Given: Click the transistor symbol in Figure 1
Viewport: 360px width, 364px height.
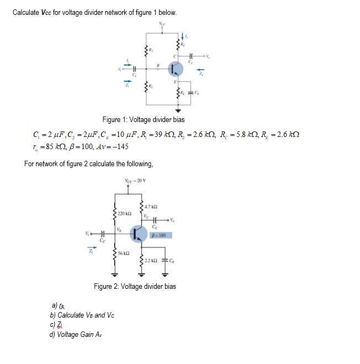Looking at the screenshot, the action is (x=176, y=69).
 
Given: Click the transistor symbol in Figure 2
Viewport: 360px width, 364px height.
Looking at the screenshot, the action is (x=138, y=234).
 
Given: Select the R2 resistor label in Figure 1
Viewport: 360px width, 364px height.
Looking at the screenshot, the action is (x=150, y=87).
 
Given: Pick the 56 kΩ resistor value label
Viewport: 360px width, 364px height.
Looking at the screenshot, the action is (x=124, y=253).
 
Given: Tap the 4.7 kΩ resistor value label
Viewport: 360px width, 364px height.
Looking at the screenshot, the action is (x=151, y=207).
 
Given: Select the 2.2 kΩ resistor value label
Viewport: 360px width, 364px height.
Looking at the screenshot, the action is (x=151, y=260).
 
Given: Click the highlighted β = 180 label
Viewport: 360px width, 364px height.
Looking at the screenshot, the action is (x=159, y=235).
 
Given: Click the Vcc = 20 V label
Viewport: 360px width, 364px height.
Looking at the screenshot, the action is (x=135, y=181).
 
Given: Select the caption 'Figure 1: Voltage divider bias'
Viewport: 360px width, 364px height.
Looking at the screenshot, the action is (x=144, y=119).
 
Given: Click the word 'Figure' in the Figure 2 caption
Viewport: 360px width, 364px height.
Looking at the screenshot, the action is (x=103, y=286).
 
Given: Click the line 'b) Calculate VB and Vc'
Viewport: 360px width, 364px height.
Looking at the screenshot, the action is (x=82, y=315).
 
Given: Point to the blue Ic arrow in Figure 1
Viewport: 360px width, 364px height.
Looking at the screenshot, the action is (x=185, y=38).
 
